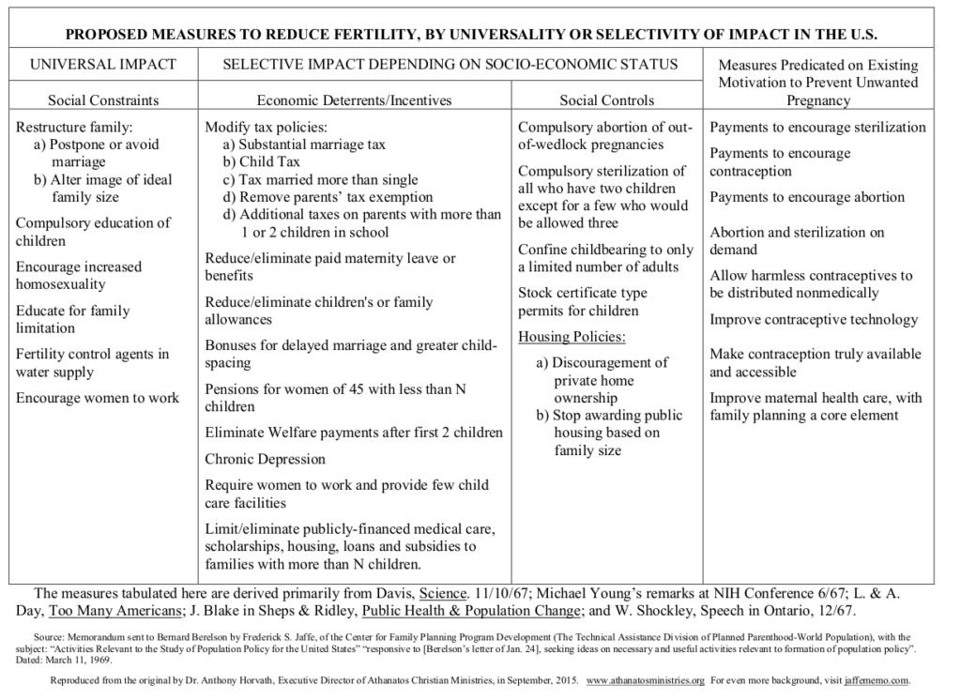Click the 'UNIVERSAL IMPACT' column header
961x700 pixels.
click(103, 66)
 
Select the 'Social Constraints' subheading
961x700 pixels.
click(103, 100)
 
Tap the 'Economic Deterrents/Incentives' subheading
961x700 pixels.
click(354, 100)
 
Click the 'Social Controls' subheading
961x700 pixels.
click(606, 100)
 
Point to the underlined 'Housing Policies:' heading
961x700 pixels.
click(572, 337)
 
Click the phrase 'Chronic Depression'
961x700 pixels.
click(266, 460)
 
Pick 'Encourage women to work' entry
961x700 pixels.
click(98, 398)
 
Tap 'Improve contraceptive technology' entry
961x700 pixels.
click(814, 320)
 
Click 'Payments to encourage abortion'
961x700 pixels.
click(807, 197)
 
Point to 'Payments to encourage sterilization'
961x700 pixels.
click(817, 127)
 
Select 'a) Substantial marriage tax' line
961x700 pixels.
click(304, 145)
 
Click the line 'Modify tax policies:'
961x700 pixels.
click(266, 127)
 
